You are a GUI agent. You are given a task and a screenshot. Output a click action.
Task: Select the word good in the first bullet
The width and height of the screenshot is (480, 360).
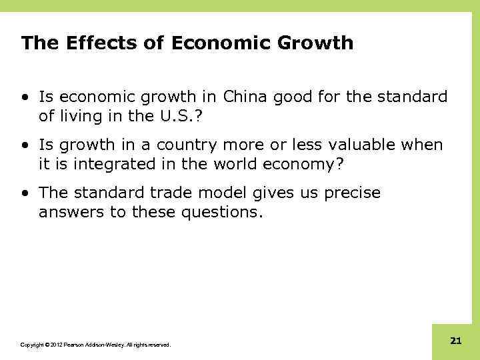[296, 97]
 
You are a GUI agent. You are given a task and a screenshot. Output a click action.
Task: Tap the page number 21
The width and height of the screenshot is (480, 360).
[456, 341]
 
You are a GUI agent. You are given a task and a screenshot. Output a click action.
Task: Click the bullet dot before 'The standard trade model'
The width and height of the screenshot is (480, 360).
[25, 193]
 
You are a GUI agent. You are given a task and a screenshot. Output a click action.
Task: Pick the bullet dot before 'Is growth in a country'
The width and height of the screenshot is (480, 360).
[25, 145]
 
